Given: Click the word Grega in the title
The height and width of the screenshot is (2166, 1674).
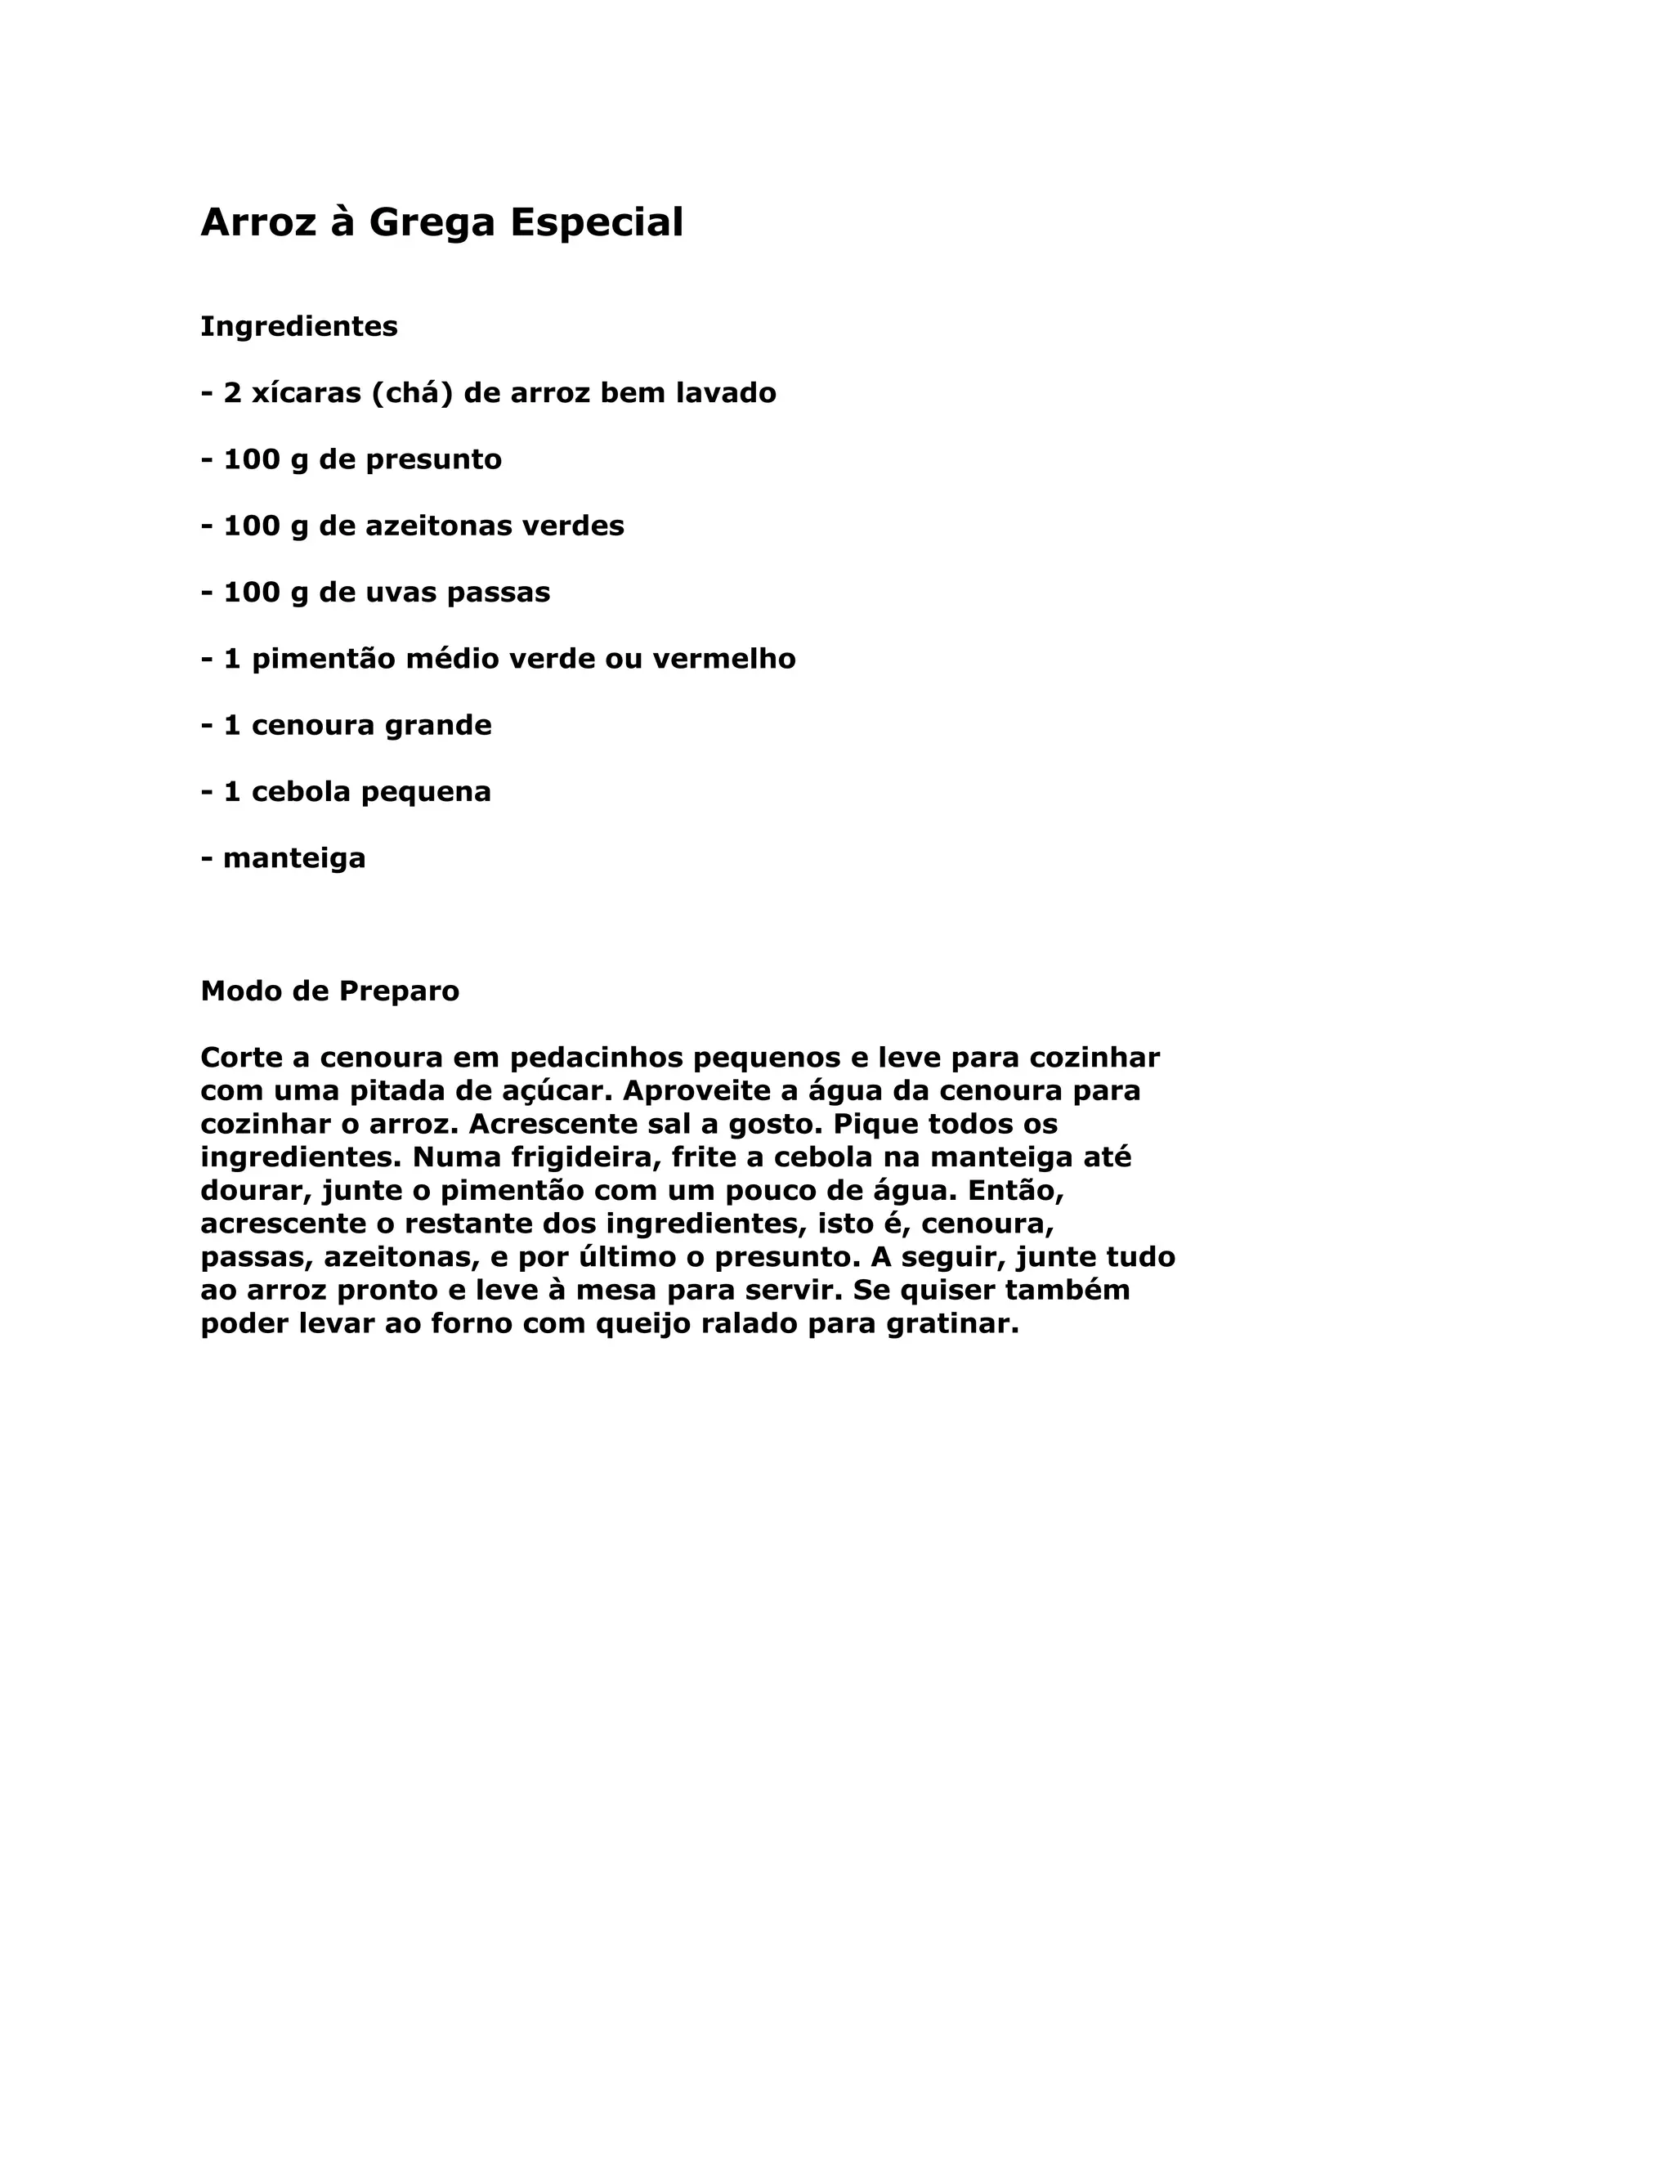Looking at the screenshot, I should pyautogui.click(x=432, y=223).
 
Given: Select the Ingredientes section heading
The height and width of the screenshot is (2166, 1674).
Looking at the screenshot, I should pyautogui.click(x=298, y=326).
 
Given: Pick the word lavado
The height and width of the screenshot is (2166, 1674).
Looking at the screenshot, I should pyautogui.click(x=726, y=394).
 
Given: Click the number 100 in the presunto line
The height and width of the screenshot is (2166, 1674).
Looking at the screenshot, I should pyautogui.click(x=252, y=460).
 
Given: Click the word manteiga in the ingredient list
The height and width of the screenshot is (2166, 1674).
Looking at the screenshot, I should pyautogui.click(x=293, y=859).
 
